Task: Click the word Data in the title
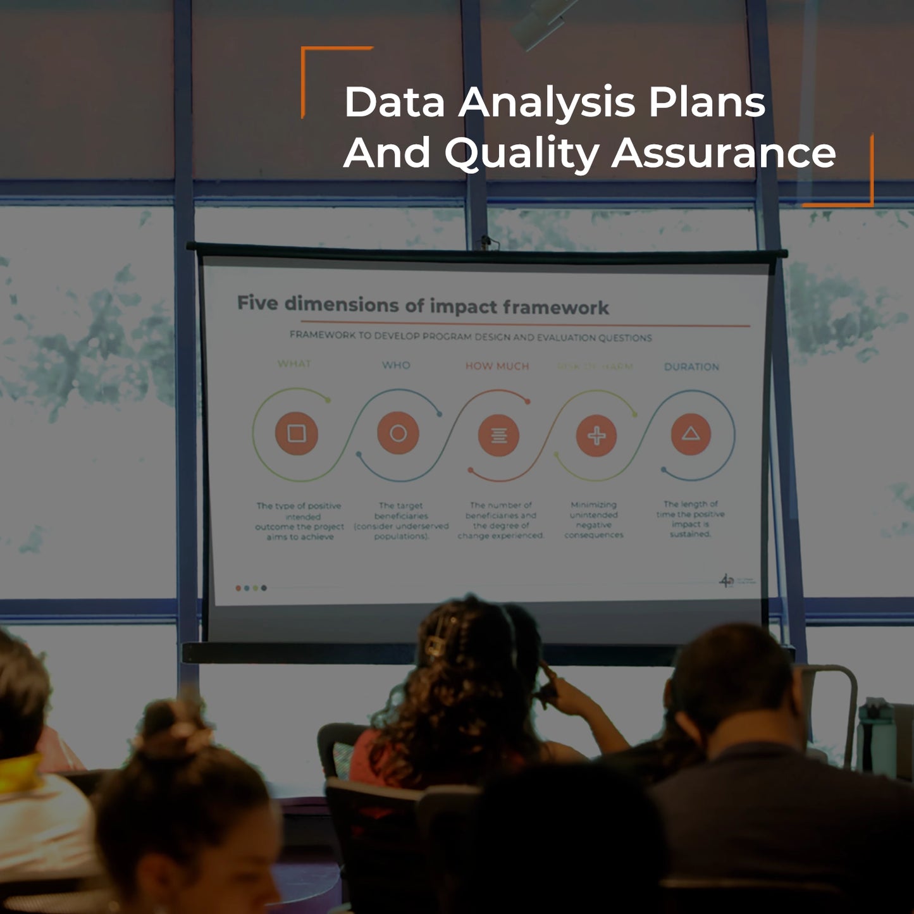click(395, 102)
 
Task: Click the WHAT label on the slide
click(294, 364)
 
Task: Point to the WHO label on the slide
click(396, 365)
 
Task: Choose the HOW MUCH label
click(497, 366)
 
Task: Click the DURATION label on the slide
click(691, 367)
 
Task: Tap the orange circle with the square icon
click(297, 433)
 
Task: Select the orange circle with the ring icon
click(398, 433)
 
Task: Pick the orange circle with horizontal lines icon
click(499, 435)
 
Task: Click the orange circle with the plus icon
click(596, 436)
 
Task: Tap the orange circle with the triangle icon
click(691, 434)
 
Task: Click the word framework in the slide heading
click(556, 308)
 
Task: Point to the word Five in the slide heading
click(257, 303)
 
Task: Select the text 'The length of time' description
click(690, 519)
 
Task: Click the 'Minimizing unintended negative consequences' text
click(594, 520)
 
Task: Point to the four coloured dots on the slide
click(251, 588)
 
